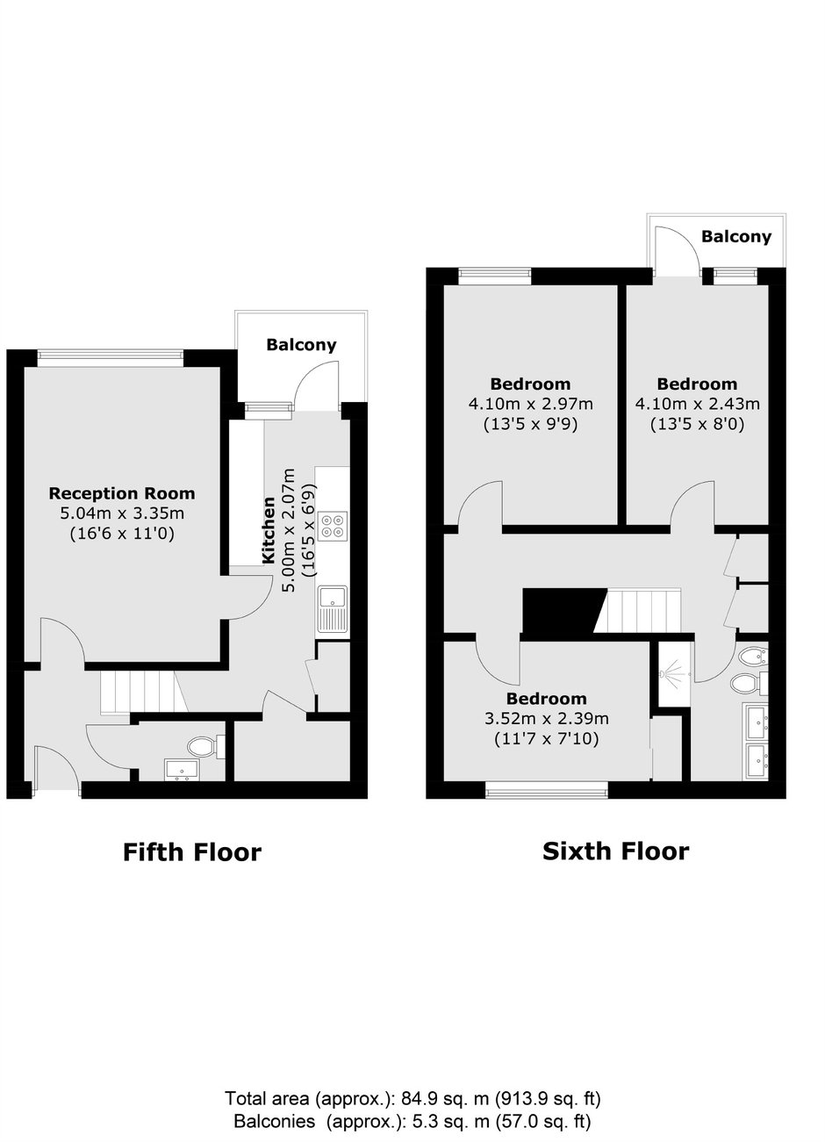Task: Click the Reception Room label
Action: click(122, 493)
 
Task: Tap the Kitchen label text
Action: click(269, 531)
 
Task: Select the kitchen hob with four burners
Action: click(333, 526)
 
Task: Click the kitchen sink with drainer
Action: click(333, 609)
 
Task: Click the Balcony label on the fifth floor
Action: click(301, 345)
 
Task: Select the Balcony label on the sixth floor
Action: click(736, 236)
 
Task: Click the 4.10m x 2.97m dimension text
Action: click(531, 405)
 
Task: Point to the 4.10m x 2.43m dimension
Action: click(698, 405)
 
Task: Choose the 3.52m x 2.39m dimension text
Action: click(547, 719)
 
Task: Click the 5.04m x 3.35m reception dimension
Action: click(122, 514)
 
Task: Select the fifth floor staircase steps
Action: click(144, 692)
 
